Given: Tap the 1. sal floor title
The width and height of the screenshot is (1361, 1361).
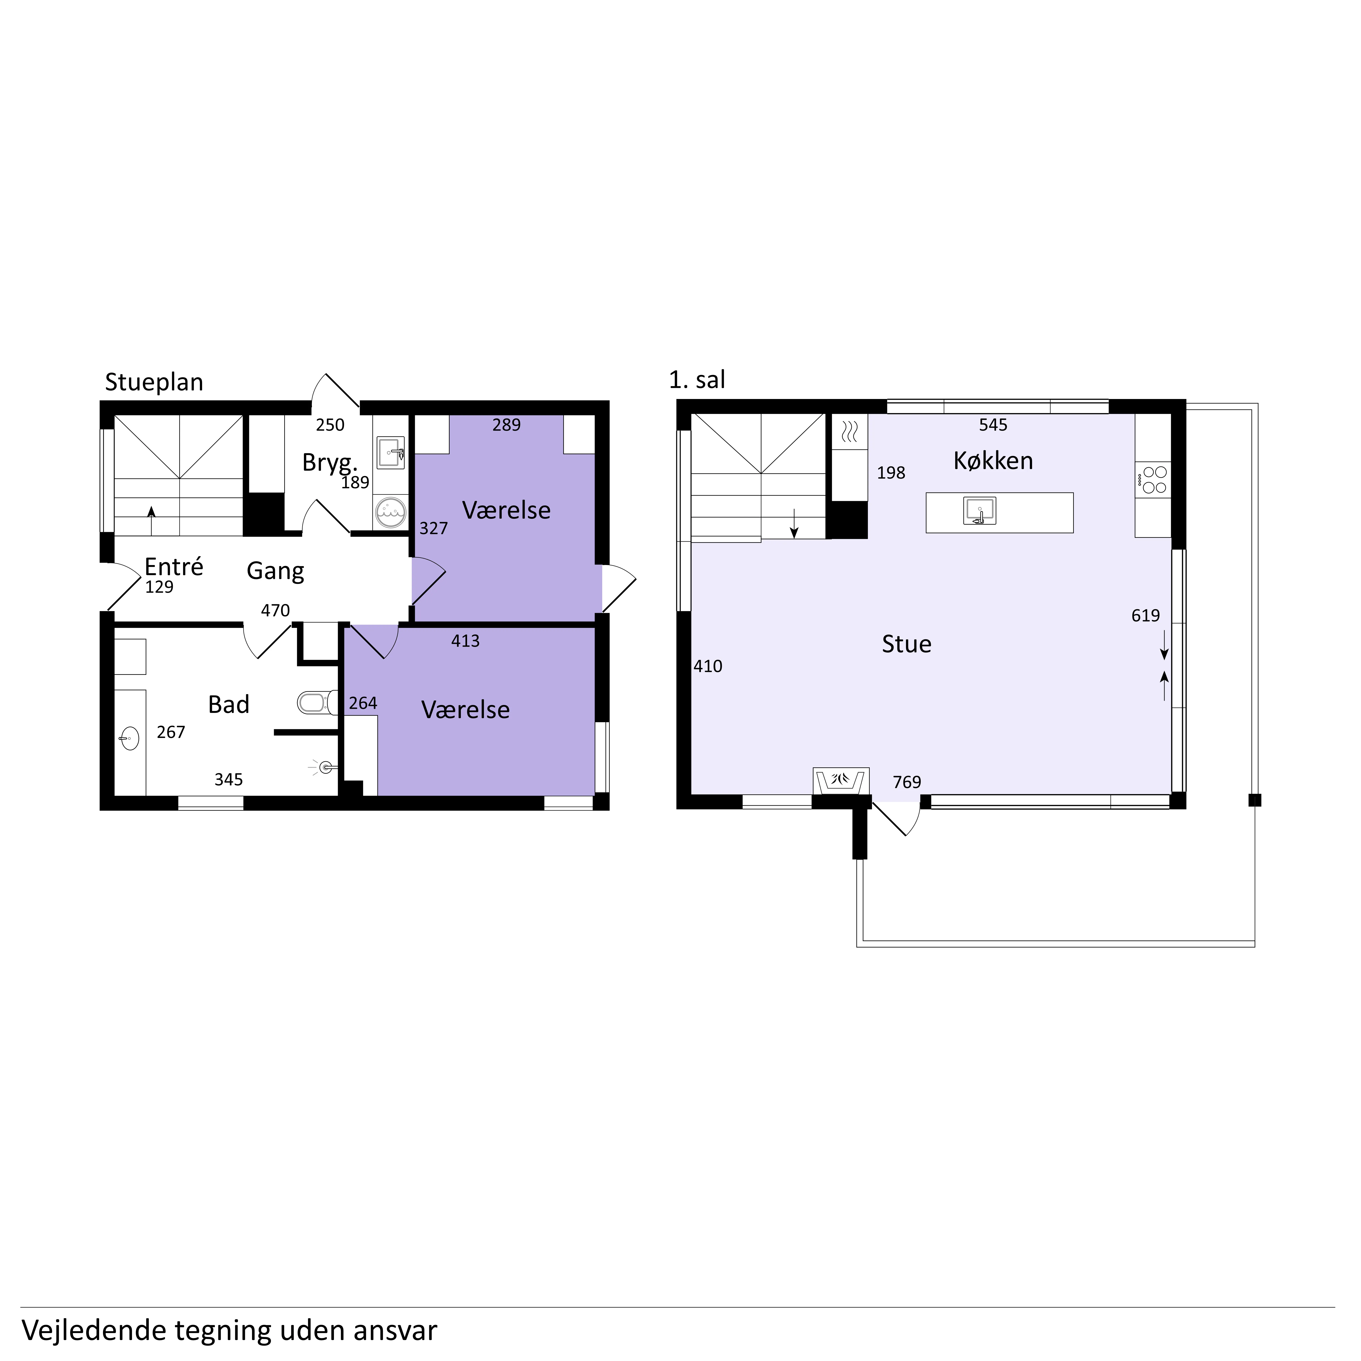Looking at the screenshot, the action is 697,380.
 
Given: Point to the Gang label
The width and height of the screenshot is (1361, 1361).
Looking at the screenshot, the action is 275,571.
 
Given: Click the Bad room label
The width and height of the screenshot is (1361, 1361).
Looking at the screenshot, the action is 229,705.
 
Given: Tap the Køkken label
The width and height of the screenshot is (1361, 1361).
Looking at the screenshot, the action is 993,461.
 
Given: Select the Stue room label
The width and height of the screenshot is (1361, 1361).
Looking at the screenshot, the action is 907,644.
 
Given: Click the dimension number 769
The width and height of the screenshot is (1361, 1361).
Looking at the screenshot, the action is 907,782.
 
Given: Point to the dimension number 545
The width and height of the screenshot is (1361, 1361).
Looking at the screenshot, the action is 993,425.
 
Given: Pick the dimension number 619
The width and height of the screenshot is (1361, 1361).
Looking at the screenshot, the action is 1146,616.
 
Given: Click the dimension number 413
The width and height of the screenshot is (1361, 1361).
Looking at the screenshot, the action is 466,641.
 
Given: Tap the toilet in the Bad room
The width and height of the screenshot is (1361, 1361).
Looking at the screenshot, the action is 316,702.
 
